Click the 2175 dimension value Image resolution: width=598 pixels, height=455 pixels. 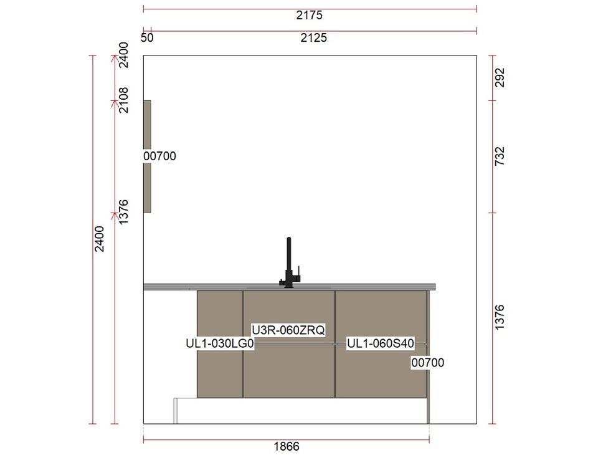point(310,15)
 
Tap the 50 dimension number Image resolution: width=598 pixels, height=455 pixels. point(147,38)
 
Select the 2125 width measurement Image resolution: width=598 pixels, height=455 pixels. point(313,38)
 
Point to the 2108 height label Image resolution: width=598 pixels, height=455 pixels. point(123,100)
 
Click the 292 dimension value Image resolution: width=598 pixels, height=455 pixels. point(499,77)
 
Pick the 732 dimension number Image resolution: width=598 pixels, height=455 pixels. point(499,156)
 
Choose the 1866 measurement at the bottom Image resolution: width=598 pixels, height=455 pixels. point(287,446)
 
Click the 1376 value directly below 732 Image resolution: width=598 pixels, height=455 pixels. point(499,317)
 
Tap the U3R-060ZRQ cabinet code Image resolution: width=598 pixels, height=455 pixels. point(288,330)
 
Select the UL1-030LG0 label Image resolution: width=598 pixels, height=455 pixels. point(220,343)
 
